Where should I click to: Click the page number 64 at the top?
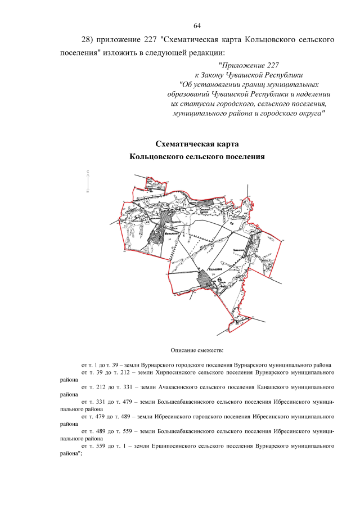[197, 26]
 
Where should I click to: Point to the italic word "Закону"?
[215, 75]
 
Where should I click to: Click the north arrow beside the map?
[88, 182]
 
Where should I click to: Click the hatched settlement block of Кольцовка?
[205, 279]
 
